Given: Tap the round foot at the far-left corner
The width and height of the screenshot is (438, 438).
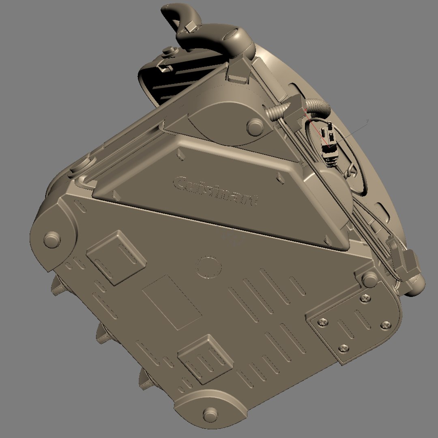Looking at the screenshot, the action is [52, 239].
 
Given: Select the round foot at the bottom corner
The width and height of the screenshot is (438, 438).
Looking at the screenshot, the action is [210, 414].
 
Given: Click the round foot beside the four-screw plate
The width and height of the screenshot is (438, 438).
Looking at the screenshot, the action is [370, 279].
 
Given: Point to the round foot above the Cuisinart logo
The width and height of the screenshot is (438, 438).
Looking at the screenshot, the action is [255, 127].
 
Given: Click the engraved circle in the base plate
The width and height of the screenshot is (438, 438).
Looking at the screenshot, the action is [209, 267].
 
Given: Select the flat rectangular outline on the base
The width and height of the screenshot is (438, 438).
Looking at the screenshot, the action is [172, 303].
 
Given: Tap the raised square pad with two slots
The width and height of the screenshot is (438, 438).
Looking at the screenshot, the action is [116, 258].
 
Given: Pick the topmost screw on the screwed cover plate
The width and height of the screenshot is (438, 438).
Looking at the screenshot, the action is [365, 299].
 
